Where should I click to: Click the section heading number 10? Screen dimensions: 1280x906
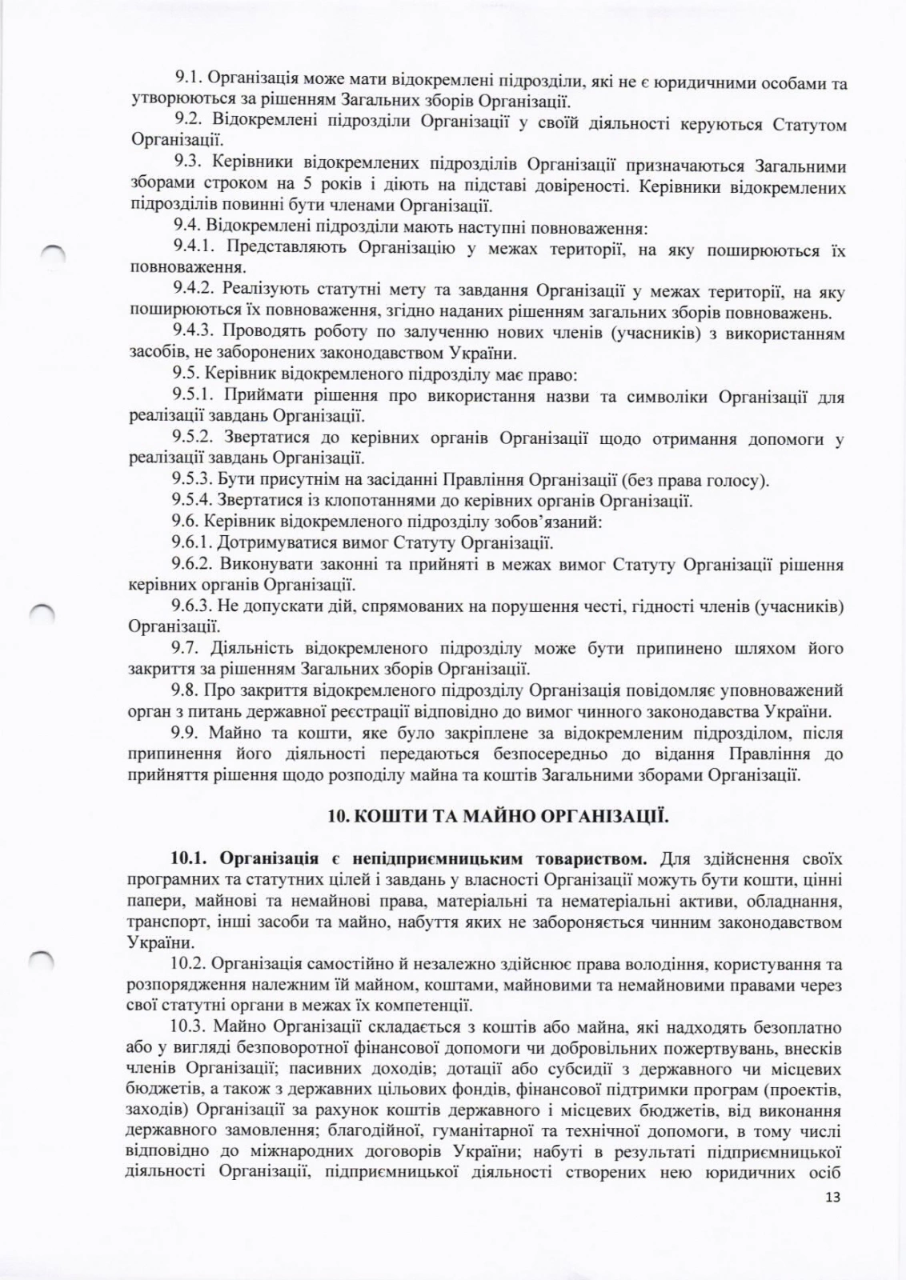coord(337,816)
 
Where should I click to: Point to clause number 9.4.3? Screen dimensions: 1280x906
coord(194,331)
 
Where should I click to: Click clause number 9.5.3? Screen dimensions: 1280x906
coord(192,480)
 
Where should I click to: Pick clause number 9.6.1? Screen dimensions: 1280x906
coord(192,544)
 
